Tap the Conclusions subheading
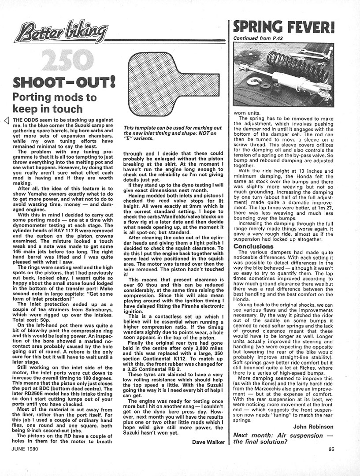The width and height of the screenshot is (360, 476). coord(254,246)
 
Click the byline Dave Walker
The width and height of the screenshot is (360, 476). coord(209,441)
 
